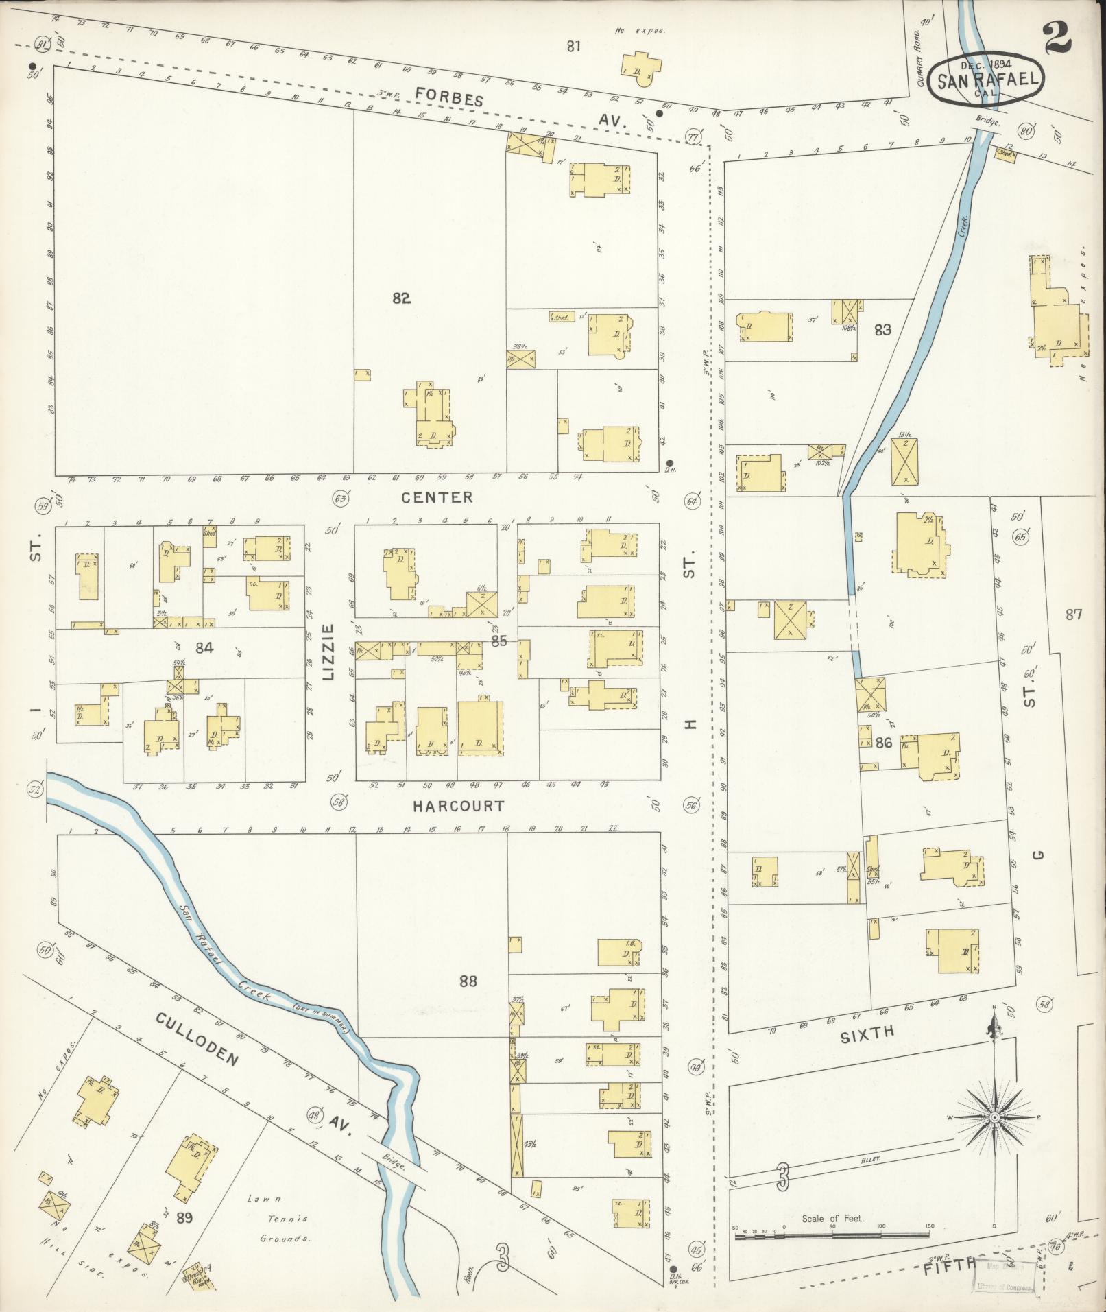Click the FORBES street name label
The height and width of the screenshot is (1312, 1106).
pyautogui.click(x=450, y=97)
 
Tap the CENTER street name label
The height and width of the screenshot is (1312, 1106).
pyautogui.click(x=446, y=497)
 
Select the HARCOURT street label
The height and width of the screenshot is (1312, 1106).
pyautogui.click(x=459, y=806)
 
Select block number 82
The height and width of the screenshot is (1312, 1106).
pyautogui.click(x=402, y=298)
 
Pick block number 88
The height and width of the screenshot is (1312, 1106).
pyautogui.click(x=468, y=981)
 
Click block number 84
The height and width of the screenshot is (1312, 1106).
pyautogui.click(x=204, y=647)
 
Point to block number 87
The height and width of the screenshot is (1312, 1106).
pyautogui.click(x=1073, y=615)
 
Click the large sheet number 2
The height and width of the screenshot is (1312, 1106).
pyautogui.click(x=1057, y=38)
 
